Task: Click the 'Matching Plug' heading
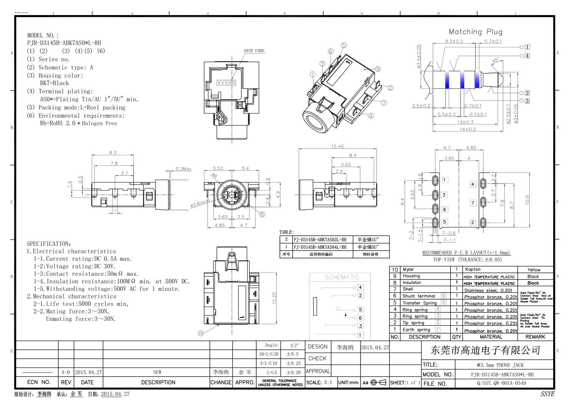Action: (x=475, y=32)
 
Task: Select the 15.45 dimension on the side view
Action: (x=337, y=146)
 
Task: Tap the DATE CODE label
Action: (x=254, y=51)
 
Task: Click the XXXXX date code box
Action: (x=226, y=83)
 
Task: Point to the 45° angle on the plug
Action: (x=495, y=60)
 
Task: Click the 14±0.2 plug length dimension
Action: (x=468, y=130)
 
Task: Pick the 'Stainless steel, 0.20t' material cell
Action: (x=488, y=290)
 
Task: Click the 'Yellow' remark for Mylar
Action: (x=534, y=270)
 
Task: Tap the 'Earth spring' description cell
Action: (x=416, y=330)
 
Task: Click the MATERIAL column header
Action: (x=491, y=337)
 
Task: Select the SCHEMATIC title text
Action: (x=342, y=277)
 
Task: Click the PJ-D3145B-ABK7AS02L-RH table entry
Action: (x=320, y=240)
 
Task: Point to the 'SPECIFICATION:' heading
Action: (x=49, y=244)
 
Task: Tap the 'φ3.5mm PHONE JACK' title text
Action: (x=500, y=365)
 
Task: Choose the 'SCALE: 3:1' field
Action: (x=319, y=383)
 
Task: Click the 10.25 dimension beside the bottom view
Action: (x=274, y=298)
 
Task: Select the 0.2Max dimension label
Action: (x=184, y=169)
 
